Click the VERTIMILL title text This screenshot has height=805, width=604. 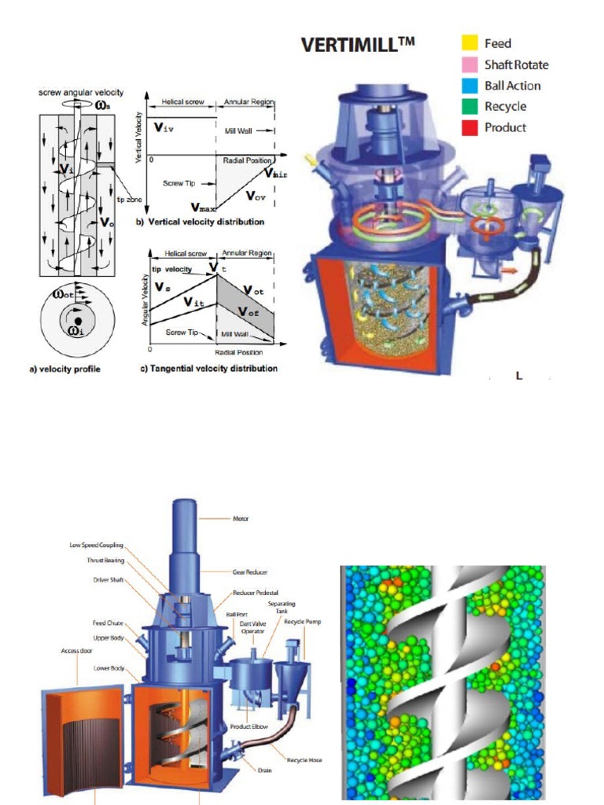358,46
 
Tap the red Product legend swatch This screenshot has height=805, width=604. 470,127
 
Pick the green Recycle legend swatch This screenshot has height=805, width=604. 470,106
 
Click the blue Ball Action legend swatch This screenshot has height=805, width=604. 470,86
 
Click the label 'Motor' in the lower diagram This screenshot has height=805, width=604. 241,519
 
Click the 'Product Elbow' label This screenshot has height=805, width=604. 251,726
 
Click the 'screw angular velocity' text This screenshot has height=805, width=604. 81,93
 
